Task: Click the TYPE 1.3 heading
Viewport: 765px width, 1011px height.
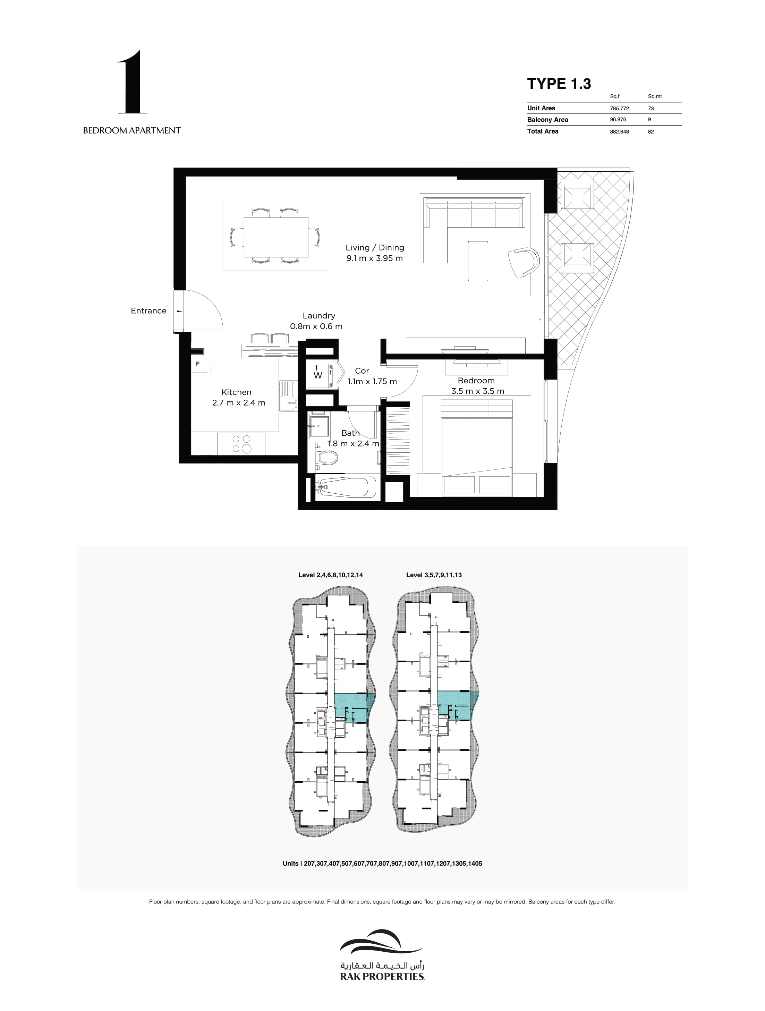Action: coord(559,84)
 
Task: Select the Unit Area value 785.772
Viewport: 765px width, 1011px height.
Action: coord(619,108)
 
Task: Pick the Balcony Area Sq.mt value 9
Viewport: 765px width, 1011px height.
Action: coord(649,120)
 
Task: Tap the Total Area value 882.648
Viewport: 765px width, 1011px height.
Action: coord(619,131)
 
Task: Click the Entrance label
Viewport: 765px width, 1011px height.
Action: coord(148,311)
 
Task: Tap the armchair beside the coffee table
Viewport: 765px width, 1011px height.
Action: coord(524,262)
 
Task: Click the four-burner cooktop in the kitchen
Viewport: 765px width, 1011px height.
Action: coord(241,443)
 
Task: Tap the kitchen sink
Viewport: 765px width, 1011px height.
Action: coord(288,396)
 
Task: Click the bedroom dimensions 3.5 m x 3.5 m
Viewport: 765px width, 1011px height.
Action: coord(477,391)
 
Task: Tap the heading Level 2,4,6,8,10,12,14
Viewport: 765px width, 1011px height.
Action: coord(330,575)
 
